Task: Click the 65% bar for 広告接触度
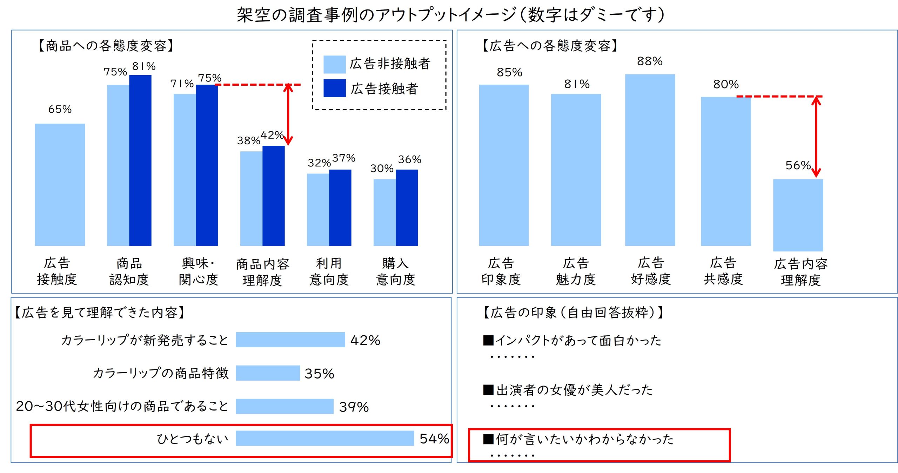click(x=60, y=184)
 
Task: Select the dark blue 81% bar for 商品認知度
click(x=140, y=160)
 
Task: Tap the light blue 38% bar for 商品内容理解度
click(x=251, y=198)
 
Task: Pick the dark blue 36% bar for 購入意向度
click(x=407, y=208)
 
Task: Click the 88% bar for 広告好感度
click(x=650, y=160)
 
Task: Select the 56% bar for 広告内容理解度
click(x=798, y=215)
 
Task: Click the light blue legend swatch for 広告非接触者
click(x=334, y=64)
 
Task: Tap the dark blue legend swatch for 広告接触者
click(x=334, y=88)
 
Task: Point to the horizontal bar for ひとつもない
click(x=324, y=438)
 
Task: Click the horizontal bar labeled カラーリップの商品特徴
click(x=268, y=373)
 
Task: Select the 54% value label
click(x=434, y=439)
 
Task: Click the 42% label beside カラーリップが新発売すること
click(x=365, y=340)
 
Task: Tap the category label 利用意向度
click(x=329, y=271)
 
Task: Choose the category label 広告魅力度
click(x=576, y=271)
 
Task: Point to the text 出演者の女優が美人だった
click(x=574, y=390)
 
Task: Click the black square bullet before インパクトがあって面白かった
click(x=488, y=340)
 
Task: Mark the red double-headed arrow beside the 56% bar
click(x=816, y=137)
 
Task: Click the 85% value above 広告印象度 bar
click(x=509, y=72)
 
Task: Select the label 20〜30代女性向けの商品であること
click(x=122, y=406)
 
